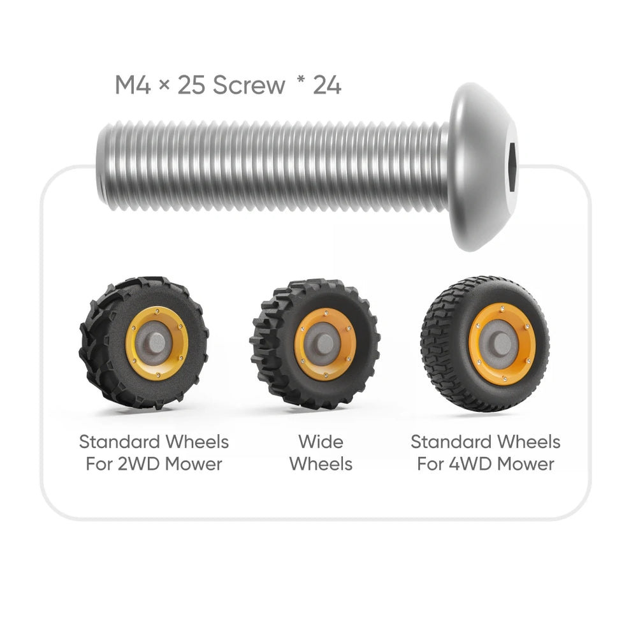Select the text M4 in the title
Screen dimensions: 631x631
(x=133, y=85)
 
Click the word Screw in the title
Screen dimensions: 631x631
(x=249, y=85)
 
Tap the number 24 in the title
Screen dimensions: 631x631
(x=326, y=85)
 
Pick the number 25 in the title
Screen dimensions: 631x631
(x=191, y=85)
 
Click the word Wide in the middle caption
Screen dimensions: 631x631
(x=321, y=442)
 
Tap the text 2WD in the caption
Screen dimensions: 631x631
(x=138, y=464)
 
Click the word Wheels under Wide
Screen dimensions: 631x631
(x=321, y=464)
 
